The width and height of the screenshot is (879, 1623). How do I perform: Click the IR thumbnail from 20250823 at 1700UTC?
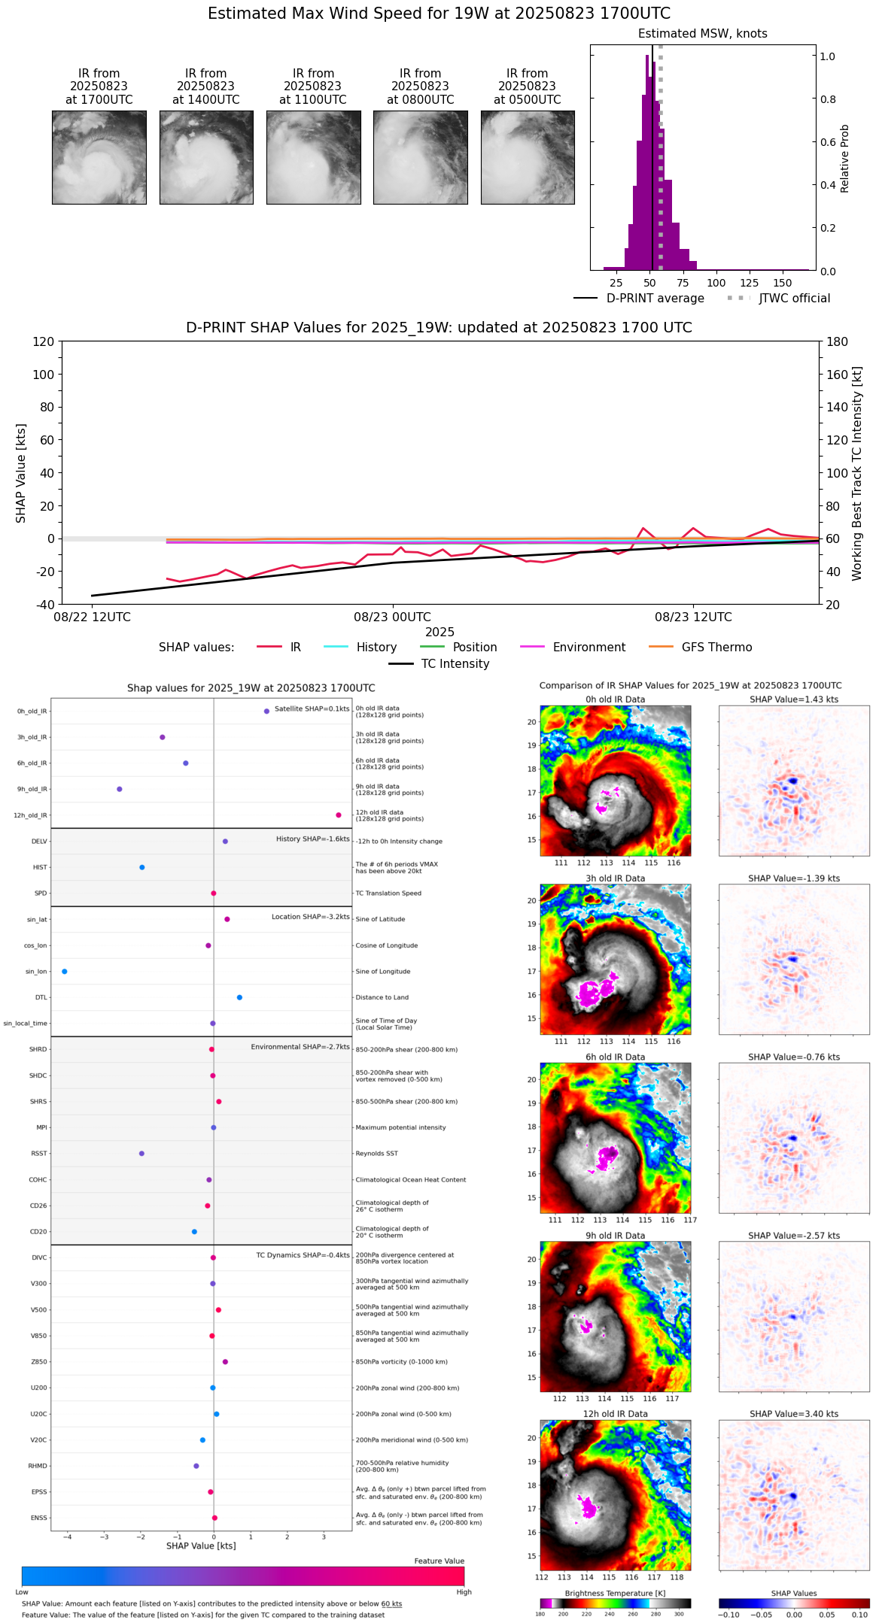[99, 157]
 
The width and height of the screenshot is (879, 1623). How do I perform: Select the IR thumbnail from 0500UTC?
[527, 157]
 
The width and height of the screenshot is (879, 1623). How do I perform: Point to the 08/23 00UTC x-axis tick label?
[392, 617]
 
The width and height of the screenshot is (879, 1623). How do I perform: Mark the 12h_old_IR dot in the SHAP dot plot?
[339, 815]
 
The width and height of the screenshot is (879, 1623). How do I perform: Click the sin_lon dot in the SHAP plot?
[65, 972]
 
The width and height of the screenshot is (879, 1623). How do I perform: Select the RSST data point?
[141, 1154]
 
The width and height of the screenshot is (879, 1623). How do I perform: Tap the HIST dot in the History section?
[142, 868]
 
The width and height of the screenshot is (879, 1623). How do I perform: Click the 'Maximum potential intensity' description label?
[400, 1128]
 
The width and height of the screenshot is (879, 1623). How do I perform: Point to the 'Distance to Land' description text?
[382, 998]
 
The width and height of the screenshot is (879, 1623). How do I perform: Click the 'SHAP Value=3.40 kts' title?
[793, 1415]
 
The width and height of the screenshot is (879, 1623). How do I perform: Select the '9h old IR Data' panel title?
[615, 1236]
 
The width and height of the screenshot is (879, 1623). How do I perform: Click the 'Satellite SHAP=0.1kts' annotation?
[312, 709]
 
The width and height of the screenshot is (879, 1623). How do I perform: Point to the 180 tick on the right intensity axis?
[838, 342]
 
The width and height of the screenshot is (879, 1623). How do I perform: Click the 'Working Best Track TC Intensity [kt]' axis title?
[856, 474]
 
